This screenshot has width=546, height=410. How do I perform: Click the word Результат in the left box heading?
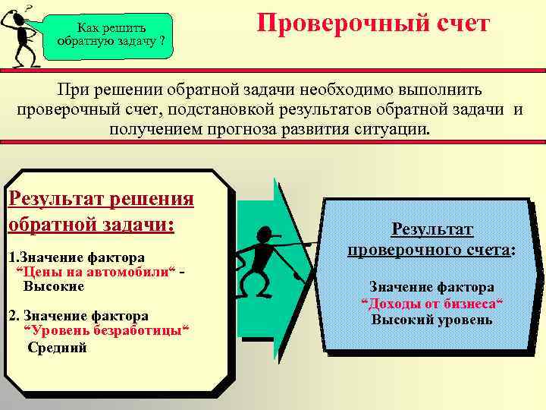[x=53, y=200]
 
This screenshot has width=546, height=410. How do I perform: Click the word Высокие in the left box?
[x=54, y=287]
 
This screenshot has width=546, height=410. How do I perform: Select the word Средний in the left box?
[x=57, y=348]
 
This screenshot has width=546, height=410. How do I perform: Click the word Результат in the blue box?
[x=431, y=229]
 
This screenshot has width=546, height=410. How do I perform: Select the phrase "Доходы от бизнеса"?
[x=432, y=304]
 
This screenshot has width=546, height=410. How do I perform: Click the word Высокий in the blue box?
[x=405, y=320]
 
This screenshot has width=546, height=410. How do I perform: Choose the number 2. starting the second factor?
[x=13, y=315]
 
